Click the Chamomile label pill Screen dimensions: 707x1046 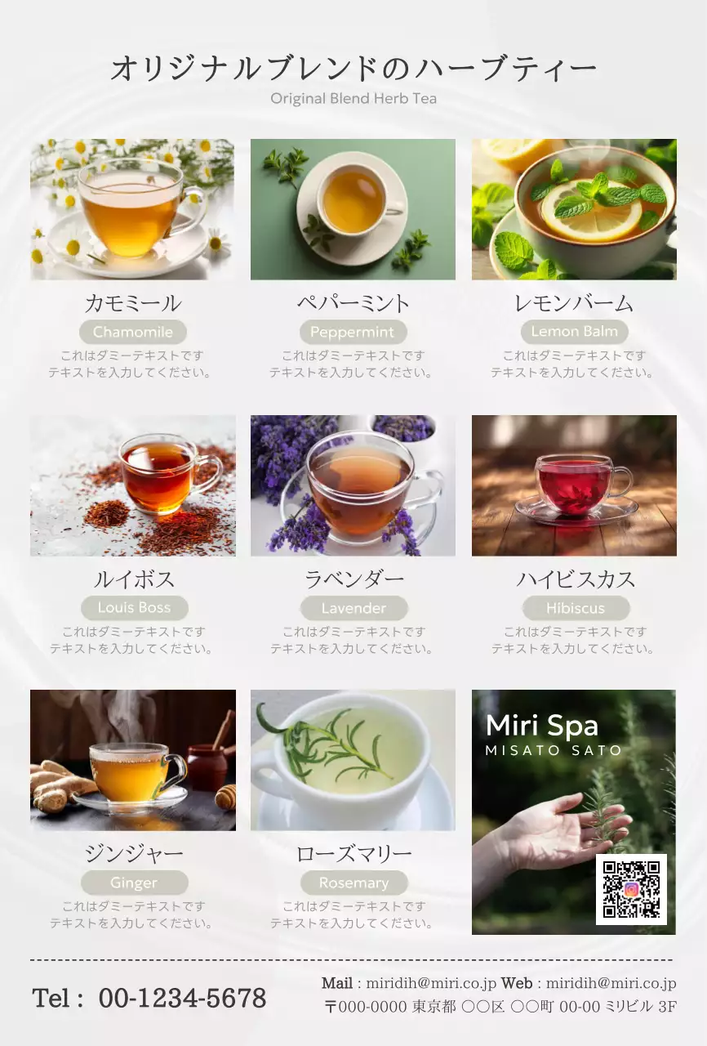pyautogui.click(x=133, y=332)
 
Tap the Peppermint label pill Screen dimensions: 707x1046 pyautogui.click(x=353, y=332)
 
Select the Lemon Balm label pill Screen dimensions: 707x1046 pyautogui.click(x=574, y=332)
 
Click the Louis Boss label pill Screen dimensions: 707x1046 pyautogui.click(x=135, y=607)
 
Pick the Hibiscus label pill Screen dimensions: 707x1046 pyautogui.click(x=576, y=608)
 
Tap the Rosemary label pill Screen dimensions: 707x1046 pyautogui.click(x=354, y=883)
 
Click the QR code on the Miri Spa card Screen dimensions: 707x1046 pyautogui.click(x=631, y=889)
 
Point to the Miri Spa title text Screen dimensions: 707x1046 pyautogui.click(x=542, y=725)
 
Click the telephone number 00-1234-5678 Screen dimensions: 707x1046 pyautogui.click(x=182, y=999)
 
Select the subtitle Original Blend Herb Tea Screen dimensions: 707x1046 pyautogui.click(x=353, y=99)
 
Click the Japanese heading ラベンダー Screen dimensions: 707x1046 pyautogui.click(x=354, y=579)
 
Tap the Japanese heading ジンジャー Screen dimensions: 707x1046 pyautogui.click(x=134, y=854)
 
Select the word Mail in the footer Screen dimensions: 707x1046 pyautogui.click(x=336, y=983)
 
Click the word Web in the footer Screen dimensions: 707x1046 pyautogui.click(x=516, y=983)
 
